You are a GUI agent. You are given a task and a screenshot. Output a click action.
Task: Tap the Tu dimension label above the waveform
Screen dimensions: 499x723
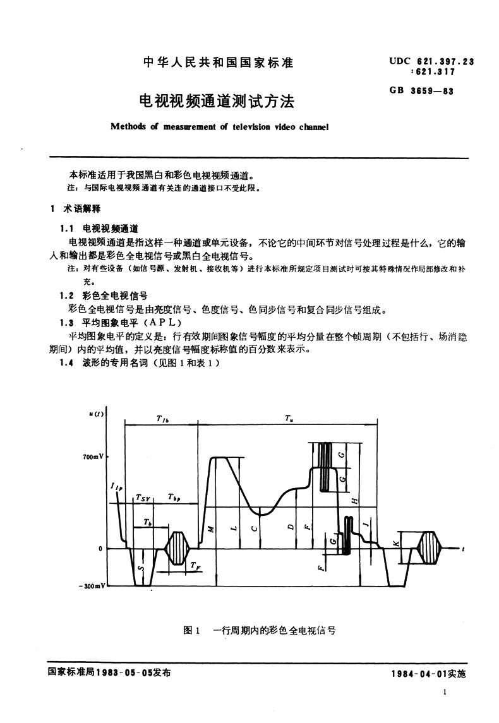(x=288, y=418)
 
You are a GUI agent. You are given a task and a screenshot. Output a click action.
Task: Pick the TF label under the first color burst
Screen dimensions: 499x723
(x=196, y=566)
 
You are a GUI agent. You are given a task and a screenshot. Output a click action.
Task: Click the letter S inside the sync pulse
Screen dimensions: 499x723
(x=140, y=568)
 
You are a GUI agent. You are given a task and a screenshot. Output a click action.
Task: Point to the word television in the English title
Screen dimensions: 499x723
(x=255, y=126)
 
